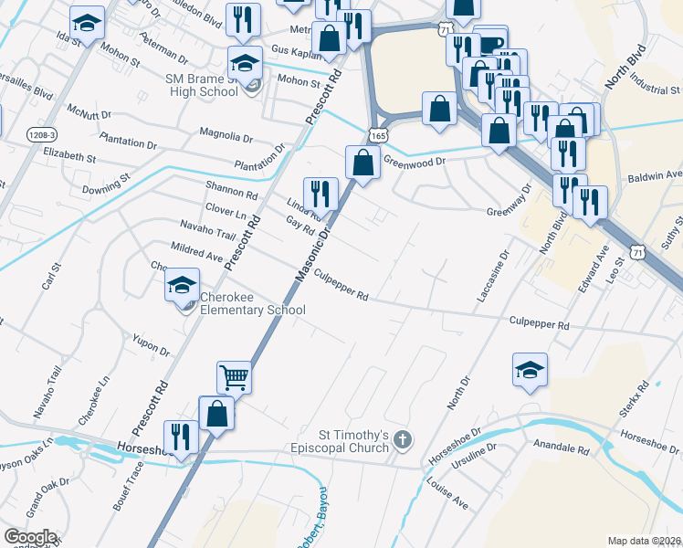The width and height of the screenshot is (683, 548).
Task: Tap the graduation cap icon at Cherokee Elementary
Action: [x=182, y=285]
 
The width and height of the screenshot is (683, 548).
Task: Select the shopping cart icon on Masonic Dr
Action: [x=234, y=375]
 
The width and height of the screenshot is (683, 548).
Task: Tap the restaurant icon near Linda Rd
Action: [x=320, y=192]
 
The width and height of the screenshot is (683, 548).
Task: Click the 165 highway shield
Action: [x=378, y=134]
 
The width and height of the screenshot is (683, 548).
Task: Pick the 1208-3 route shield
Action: [x=41, y=134]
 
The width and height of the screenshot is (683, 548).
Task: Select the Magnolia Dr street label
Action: [x=231, y=137]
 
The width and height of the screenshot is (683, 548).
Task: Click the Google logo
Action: [x=29, y=536]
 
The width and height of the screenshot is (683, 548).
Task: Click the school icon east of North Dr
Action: [x=530, y=370]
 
